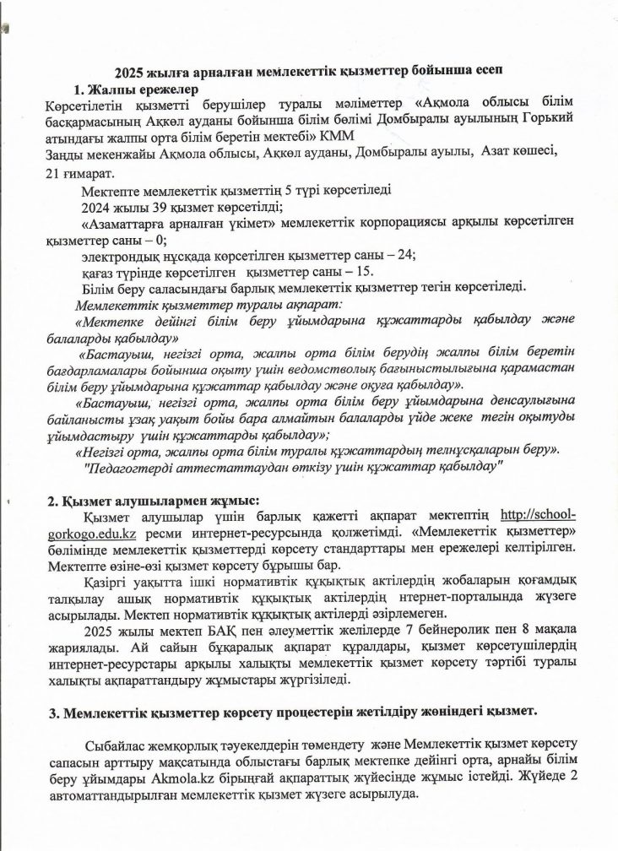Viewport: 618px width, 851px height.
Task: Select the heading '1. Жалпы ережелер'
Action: pos(136,89)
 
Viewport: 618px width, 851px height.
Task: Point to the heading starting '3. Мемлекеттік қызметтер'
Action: pos(292,711)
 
